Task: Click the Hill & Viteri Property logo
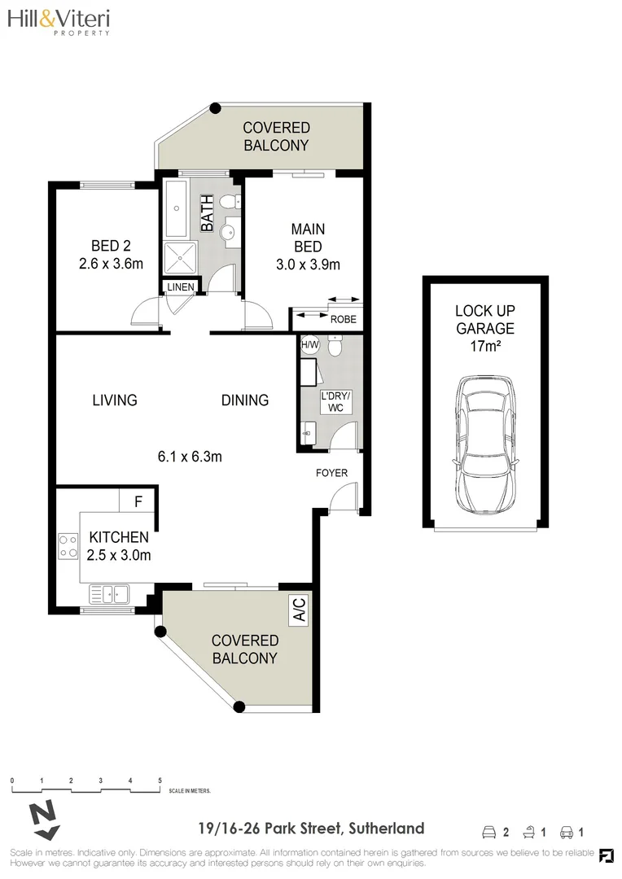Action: coord(58,23)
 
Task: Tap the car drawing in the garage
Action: coord(485,444)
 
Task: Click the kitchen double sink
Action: coord(108,595)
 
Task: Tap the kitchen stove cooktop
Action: coord(67,545)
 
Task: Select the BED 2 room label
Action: coord(111,254)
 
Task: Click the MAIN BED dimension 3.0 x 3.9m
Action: coord(308,264)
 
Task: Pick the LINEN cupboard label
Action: coord(181,287)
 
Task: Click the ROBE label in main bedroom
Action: coord(343,319)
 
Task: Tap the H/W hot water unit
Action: coord(309,344)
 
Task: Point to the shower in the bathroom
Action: coord(181,257)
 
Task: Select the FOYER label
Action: coord(332,473)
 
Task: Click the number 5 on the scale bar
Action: coord(160,780)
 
